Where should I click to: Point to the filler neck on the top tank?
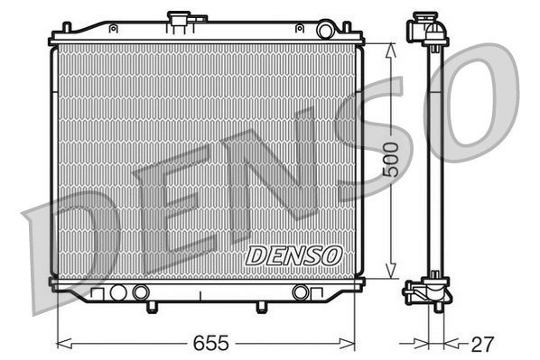coord(176,20)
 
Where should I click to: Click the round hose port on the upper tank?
coord(325,31)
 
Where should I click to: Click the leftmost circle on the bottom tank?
coord(116,292)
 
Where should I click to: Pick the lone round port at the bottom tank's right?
coord(301,292)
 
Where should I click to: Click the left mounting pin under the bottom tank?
coord(148,308)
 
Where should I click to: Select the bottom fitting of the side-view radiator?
coord(426,293)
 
